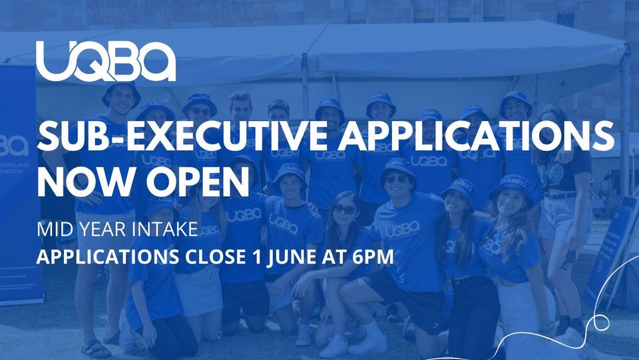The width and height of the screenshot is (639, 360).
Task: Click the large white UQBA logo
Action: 106,62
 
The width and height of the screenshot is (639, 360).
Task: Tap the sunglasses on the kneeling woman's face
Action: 344,210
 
